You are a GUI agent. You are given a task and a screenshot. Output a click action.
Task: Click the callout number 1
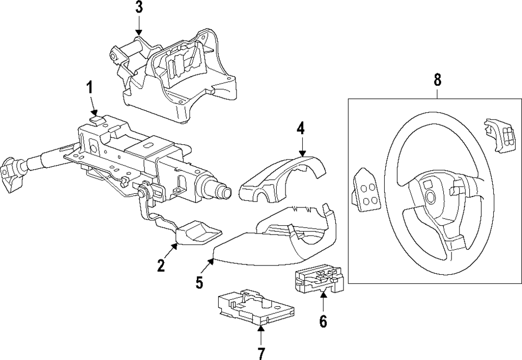pyautogui.click(x=89, y=88)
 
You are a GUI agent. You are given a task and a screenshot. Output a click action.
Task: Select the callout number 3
pyautogui.click(x=138, y=7)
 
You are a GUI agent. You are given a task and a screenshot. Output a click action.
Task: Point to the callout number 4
pyautogui.click(x=301, y=128)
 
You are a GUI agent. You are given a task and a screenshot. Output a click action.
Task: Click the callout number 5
pyautogui.click(x=199, y=282)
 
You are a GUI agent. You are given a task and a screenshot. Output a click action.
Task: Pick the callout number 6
pyautogui.click(x=323, y=321)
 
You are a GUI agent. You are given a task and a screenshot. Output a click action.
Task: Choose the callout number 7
pyautogui.click(x=260, y=353)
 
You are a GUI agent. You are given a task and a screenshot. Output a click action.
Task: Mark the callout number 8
pyautogui.click(x=437, y=80)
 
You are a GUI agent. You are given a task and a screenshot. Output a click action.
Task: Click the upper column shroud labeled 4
pyautogui.click(x=282, y=180)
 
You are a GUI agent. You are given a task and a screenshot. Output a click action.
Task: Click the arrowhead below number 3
pyautogui.click(x=138, y=33)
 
